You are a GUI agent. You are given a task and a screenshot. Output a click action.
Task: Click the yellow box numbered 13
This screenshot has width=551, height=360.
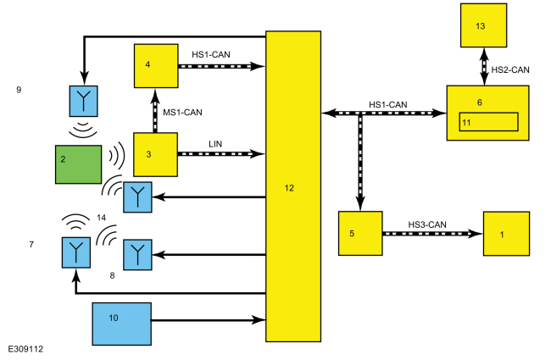pos(483,25)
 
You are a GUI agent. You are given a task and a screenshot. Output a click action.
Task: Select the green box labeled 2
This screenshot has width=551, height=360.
pos(78,164)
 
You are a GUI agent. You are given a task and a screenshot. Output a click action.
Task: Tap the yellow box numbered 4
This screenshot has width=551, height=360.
pos(156,66)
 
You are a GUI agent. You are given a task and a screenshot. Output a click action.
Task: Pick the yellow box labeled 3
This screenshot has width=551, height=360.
pos(155,154)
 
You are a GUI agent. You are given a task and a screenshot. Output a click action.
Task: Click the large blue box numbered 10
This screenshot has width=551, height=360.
pos(121,324)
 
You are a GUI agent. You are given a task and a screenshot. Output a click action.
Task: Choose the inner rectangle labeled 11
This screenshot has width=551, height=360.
pos(488,122)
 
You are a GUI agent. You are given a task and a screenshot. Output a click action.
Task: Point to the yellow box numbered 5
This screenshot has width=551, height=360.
pos(360,233)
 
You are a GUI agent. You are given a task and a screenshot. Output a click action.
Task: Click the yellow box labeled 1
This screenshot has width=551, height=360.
pos(506,234)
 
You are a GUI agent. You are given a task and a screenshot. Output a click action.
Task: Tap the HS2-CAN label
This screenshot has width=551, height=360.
pos(510,70)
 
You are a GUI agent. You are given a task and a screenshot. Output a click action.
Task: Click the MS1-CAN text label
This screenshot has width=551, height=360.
pos(182,113)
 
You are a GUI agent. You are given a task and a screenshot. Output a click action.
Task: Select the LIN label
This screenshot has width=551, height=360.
pos(215,144)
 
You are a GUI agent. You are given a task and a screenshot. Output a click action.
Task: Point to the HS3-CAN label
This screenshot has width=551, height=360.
pos(427,224)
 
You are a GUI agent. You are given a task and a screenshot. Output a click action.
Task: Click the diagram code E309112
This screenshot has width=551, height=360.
pos(25,349)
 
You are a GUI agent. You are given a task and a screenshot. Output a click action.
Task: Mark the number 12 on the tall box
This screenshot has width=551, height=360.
pos(289,188)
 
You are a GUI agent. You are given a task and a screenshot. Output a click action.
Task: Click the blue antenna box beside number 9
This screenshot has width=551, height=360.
pos(84,101)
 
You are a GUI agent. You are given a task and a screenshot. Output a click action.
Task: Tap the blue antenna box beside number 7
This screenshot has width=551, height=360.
pos(76,252)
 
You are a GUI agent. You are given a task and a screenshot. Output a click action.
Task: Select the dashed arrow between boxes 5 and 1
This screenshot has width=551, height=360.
pos(432,234)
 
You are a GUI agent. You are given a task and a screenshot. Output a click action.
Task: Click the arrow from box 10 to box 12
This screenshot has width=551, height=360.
pos(209,320)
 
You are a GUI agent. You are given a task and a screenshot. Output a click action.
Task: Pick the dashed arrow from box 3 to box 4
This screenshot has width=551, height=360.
pos(155,111)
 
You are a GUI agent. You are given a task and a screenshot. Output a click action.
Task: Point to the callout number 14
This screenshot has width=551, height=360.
pos(101,218)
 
